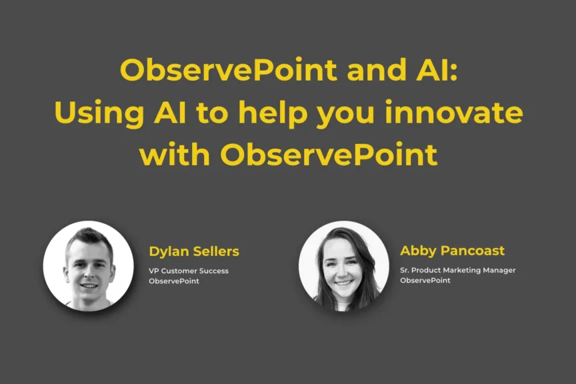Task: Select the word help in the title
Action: point(273,113)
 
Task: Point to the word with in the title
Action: point(175,154)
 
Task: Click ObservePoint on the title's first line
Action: point(228,70)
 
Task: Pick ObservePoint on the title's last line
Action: point(329,154)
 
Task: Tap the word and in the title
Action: point(376,69)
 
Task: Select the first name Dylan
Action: point(169,252)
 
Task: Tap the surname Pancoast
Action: point(473,251)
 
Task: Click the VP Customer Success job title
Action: point(189,271)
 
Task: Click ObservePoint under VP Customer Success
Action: point(174,281)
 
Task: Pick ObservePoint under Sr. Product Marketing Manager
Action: point(425,281)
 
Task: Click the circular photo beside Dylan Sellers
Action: point(88,266)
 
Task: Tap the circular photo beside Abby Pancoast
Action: point(344,266)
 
